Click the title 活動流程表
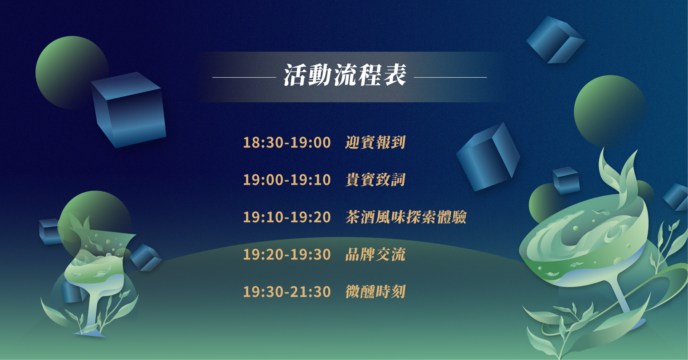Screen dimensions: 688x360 point(345,76)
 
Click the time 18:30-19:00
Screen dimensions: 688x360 point(287,143)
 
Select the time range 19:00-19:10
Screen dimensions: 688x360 point(287,180)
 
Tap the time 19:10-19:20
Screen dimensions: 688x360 point(287,217)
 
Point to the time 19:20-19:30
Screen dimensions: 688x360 point(287,254)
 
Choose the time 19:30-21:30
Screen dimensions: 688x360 point(287,292)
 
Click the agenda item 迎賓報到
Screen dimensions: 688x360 point(375,143)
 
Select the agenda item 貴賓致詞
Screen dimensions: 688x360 point(375,180)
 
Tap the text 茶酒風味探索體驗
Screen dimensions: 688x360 point(406,217)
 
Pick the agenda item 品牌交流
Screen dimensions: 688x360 point(375,254)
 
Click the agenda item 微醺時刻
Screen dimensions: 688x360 point(375,292)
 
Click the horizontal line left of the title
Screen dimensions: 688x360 point(244,77)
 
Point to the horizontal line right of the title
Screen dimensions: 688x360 point(450,77)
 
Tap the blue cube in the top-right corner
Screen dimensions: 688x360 point(555,39)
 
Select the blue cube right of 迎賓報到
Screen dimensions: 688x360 point(488,158)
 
